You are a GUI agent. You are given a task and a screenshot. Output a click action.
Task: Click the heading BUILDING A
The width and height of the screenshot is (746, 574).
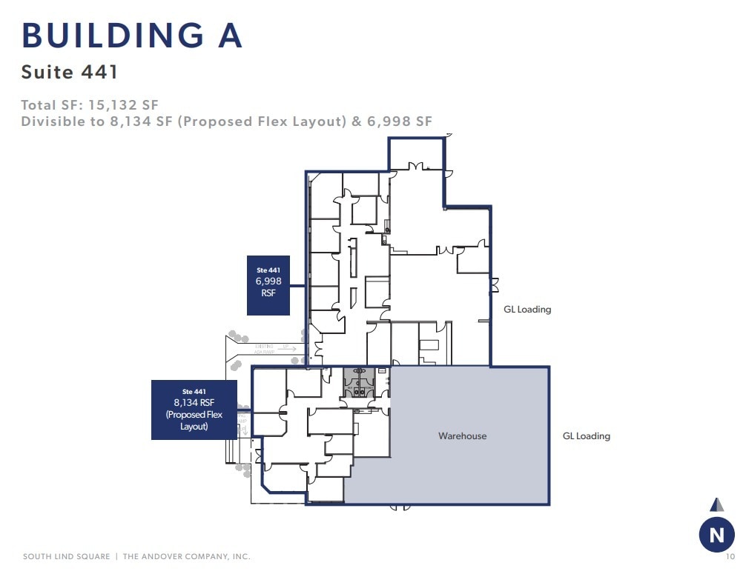coord(132,36)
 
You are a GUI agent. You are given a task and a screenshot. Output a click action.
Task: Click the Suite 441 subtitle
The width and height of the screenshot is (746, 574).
coord(70,72)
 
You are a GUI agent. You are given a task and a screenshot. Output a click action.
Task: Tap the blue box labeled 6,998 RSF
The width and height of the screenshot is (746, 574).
coord(268,285)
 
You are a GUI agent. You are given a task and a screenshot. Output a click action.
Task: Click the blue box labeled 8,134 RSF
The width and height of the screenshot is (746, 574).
coord(194,410)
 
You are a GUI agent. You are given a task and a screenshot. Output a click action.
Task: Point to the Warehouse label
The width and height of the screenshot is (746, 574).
coord(462,436)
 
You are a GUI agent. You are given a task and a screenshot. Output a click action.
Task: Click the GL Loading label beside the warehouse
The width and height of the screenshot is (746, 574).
coord(586,436)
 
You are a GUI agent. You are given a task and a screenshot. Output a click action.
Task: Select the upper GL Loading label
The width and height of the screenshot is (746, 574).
coord(527,310)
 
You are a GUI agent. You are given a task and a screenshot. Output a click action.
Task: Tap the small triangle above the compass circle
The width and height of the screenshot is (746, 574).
coord(716,505)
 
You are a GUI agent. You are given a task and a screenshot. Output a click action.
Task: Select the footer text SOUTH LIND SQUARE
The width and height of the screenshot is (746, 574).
coord(66,556)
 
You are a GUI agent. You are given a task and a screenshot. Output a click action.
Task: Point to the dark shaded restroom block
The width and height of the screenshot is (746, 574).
coord(358,384)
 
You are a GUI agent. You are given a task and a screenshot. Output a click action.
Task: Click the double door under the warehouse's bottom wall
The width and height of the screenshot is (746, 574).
coord(400,507)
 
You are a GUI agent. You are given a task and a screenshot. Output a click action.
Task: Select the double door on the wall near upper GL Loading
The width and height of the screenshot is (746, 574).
coord(495,285)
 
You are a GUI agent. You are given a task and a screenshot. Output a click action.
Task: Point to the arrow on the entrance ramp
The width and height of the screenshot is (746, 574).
coord(286,348)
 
